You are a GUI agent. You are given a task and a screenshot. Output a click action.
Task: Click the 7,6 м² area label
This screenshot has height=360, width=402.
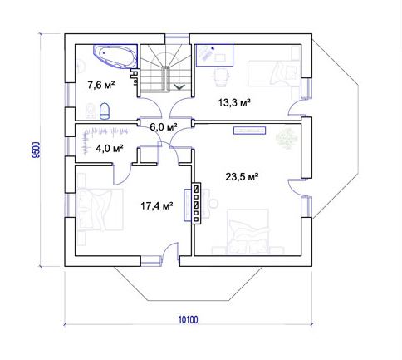(101, 85)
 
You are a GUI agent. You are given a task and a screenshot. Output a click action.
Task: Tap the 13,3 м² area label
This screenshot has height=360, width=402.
(234, 103)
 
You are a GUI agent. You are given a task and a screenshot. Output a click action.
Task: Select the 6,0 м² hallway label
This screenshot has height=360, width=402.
(164, 127)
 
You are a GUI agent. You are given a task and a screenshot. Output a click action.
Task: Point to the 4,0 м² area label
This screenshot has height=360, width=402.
(110, 149)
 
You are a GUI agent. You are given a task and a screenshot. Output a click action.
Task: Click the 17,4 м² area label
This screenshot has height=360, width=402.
(157, 206)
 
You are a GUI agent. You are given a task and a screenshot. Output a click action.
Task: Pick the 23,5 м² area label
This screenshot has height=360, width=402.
(242, 176)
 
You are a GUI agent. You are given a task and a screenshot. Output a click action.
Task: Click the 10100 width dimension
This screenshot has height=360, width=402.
(188, 320)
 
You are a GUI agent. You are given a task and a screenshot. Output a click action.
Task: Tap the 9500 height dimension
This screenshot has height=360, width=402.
(36, 150)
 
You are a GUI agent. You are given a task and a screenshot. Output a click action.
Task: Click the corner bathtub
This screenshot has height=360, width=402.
(115, 57)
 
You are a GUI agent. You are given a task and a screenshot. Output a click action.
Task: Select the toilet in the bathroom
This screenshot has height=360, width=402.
(105, 111)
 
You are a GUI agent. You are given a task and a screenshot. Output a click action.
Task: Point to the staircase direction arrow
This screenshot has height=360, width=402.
(179, 87)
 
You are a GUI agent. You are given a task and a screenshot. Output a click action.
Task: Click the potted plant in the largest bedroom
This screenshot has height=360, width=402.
(287, 138)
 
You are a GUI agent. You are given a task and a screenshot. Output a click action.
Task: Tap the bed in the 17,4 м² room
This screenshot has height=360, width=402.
(100, 210)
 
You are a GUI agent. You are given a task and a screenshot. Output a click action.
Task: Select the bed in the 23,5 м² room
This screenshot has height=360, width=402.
(248, 232)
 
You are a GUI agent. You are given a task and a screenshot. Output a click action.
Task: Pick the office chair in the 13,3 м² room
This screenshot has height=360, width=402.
(221, 77)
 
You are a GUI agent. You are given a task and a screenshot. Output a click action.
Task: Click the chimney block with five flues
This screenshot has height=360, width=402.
(196, 203)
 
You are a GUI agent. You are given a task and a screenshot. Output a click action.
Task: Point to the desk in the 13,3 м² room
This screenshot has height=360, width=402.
(214, 56)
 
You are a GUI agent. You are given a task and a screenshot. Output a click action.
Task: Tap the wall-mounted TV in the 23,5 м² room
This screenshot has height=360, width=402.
(249, 131)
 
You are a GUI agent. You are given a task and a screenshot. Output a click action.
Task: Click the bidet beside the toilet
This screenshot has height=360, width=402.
(91, 111)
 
